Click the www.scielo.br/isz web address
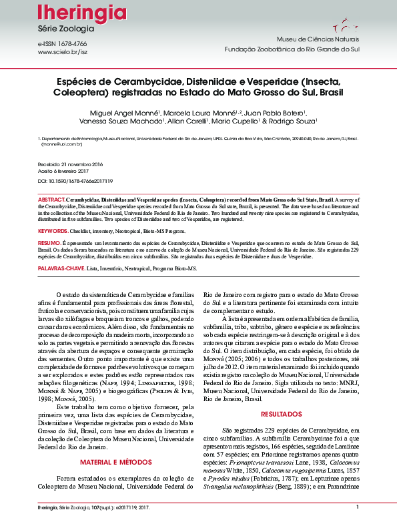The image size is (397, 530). pos(63,51)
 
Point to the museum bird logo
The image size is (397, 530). pos(341,28)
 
